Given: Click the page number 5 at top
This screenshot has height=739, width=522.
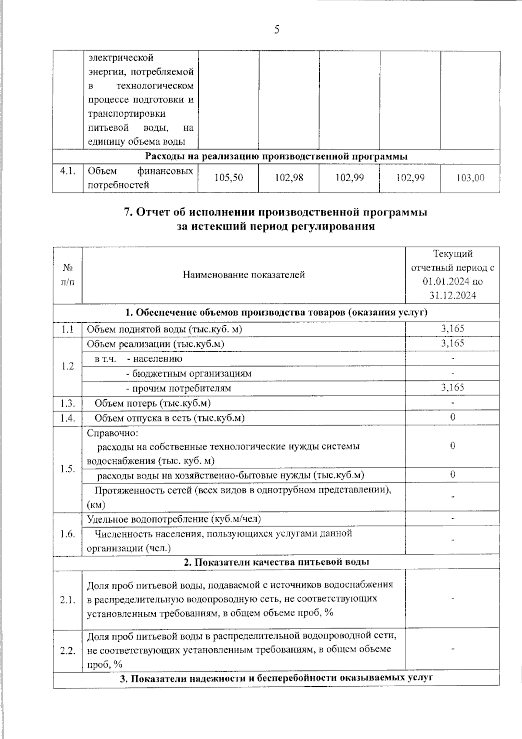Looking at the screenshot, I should tap(277, 30).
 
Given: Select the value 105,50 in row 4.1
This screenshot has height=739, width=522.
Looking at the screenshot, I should tap(229, 178).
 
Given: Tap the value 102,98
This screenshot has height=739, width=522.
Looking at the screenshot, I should tap(289, 178).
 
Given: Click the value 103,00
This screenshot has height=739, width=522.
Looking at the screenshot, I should tap(470, 178).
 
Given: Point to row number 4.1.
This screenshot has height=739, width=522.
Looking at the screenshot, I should tap(67, 171).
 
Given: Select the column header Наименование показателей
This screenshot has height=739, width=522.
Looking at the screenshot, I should tap(244, 275).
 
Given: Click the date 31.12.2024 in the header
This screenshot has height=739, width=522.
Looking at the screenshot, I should tap(453, 295).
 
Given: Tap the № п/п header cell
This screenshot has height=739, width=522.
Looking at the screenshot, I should tap(67, 275).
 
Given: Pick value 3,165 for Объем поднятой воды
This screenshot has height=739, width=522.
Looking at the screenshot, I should tap(453, 329).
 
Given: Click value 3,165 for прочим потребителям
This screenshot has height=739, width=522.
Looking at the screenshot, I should tap(453, 388).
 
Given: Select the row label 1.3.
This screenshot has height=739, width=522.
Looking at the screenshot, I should tap(67, 403).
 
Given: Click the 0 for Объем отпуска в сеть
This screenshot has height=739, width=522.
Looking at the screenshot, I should tap(453, 418).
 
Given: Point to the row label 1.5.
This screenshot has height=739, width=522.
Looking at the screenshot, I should tap(67, 469).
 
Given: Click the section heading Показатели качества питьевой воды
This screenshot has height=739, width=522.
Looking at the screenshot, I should tap(276, 562).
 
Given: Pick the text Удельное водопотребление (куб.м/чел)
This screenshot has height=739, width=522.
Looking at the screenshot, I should tap(174, 519).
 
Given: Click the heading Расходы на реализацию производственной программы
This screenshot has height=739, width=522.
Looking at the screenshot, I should tap(276, 156).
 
